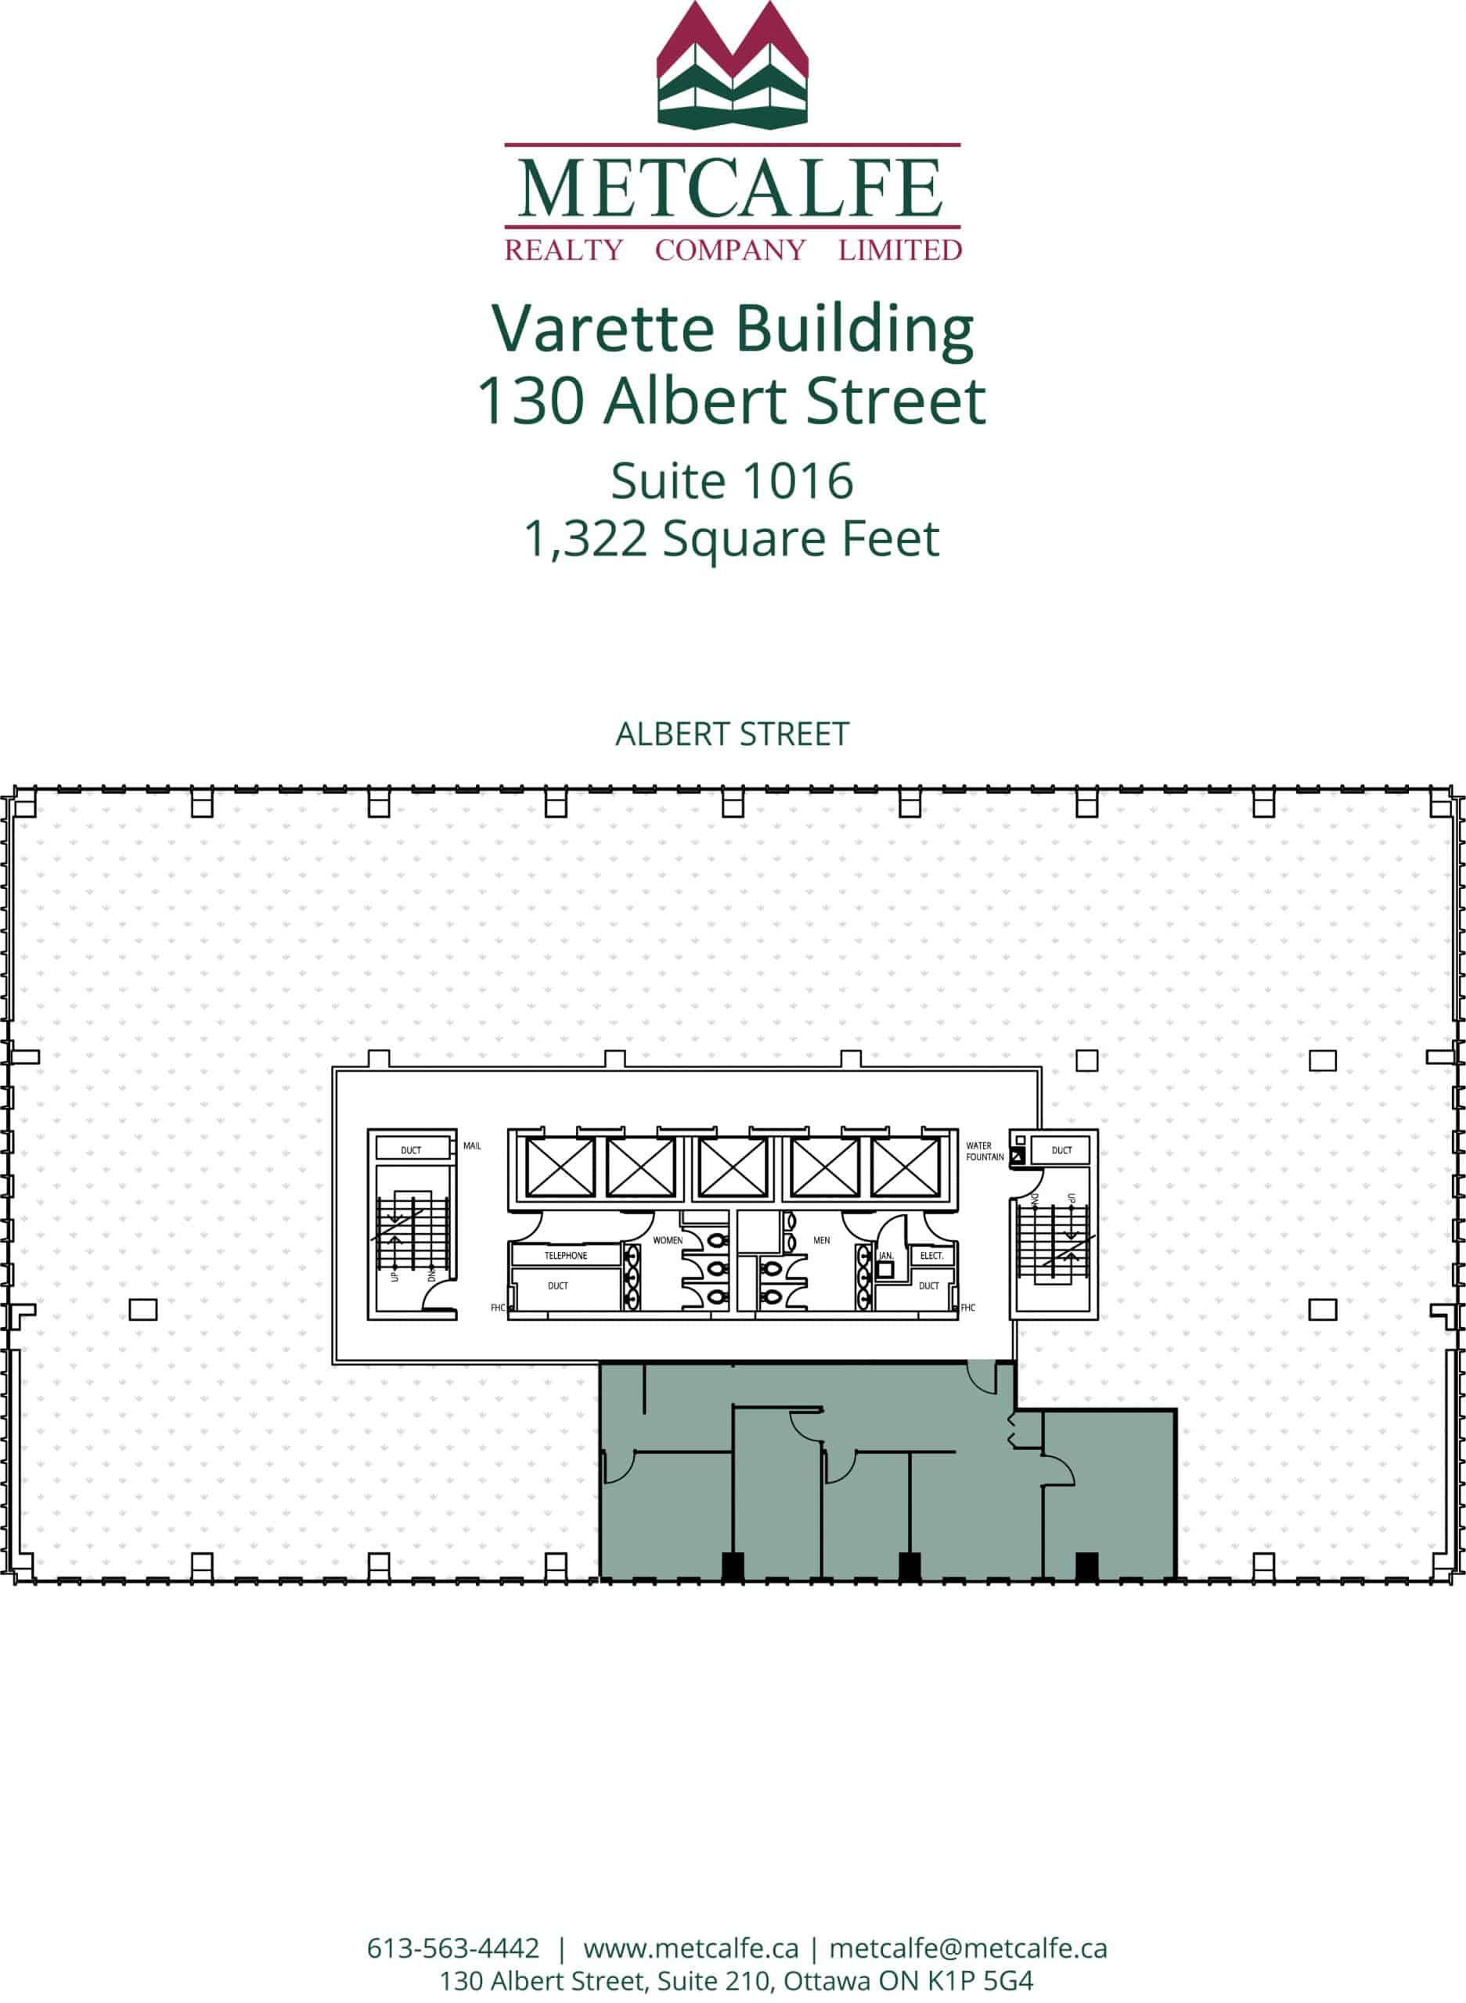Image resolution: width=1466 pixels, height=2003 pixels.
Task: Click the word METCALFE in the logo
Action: click(731, 188)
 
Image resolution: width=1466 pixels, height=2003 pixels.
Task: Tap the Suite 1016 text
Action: click(732, 480)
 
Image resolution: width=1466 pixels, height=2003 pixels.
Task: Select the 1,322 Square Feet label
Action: click(732, 538)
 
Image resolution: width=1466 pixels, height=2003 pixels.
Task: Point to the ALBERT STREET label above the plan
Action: click(732, 735)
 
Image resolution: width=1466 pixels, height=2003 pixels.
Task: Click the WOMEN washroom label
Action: click(668, 1240)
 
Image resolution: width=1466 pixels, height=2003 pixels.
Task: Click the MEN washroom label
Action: click(822, 1240)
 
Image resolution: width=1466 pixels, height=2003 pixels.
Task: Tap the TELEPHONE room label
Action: click(565, 1255)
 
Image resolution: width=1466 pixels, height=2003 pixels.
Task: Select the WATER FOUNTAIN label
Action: click(984, 1152)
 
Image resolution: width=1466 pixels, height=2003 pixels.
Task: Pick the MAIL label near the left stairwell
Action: click(472, 1146)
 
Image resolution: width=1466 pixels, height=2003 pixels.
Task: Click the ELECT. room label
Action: click(931, 1255)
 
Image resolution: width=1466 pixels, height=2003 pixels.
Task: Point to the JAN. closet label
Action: click(886, 1255)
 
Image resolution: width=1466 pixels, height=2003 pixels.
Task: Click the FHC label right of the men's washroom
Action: click(968, 1307)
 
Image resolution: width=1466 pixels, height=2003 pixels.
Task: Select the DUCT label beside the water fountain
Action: click(1061, 1150)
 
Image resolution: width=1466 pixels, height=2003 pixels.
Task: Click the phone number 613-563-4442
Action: click(452, 1949)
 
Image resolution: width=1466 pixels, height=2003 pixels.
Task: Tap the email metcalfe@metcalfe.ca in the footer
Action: click(968, 1949)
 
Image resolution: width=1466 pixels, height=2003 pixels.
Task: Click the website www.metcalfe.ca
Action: click(690, 1949)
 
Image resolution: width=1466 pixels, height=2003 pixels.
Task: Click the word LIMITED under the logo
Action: click(900, 250)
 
